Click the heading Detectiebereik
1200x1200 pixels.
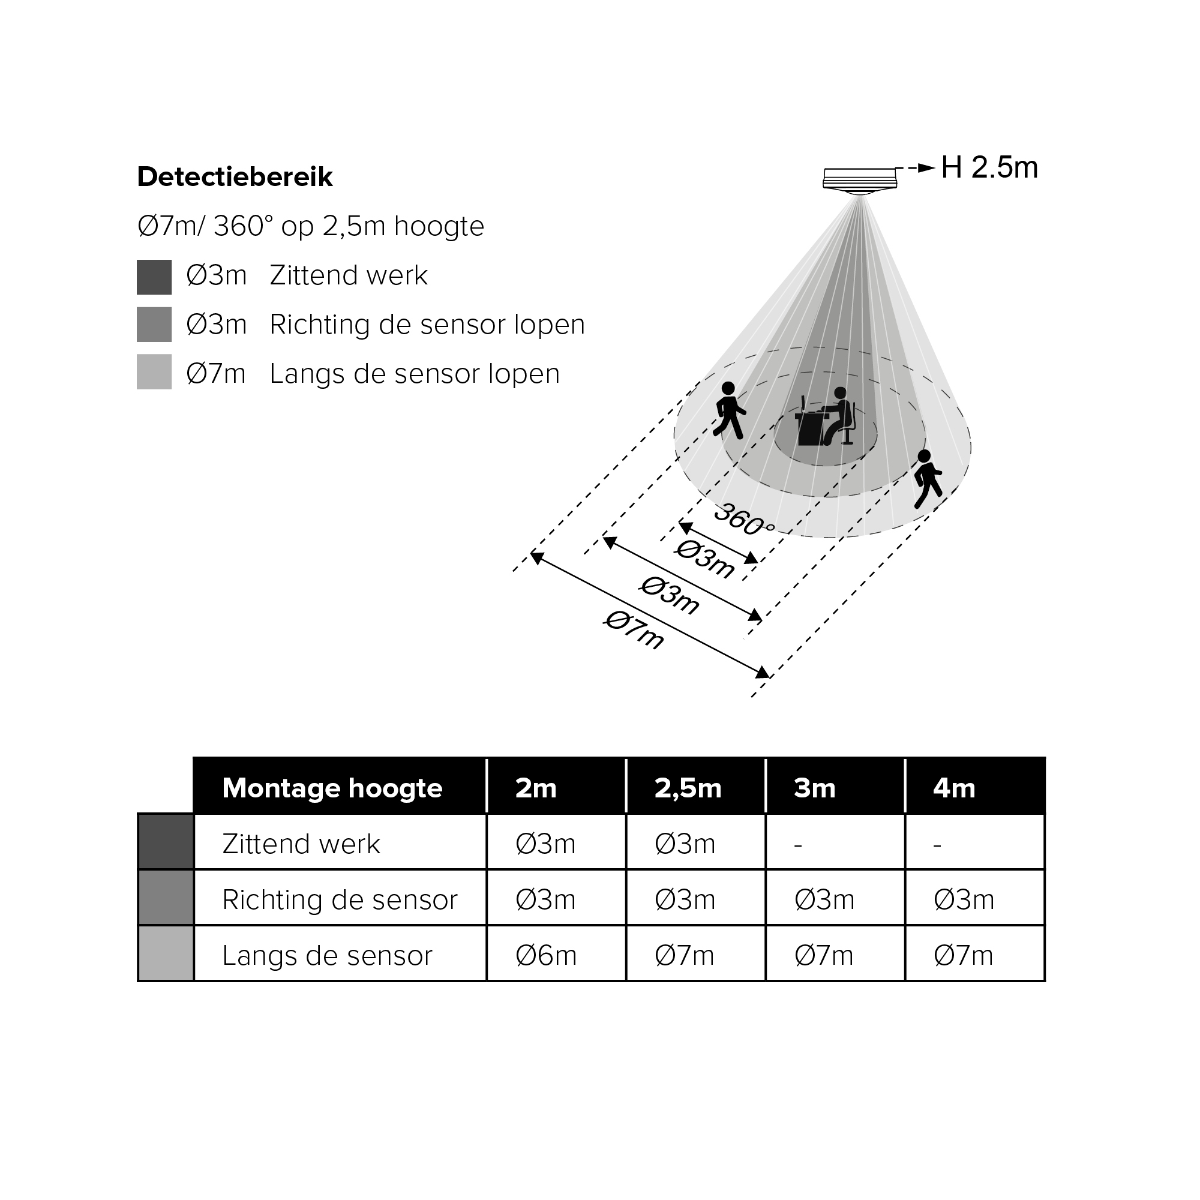coord(235,177)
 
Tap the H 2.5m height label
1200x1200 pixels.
coord(989,168)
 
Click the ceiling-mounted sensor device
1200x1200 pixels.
coord(860,180)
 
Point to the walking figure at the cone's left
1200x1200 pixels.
coord(729,410)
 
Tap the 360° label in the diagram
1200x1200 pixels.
coord(744,520)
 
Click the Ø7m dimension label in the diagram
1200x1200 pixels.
coord(634,631)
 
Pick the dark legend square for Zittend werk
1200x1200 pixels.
coord(154,277)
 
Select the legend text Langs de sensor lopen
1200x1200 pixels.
coord(414,374)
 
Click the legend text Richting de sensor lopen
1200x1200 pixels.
coord(427,325)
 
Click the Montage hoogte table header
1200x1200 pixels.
coord(332,788)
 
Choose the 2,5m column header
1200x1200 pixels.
coord(688,788)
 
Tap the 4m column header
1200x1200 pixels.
coord(954,788)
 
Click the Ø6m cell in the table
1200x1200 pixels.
coord(546,956)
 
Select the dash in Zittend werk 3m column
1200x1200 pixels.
coord(799,845)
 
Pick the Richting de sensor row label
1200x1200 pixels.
coord(340,900)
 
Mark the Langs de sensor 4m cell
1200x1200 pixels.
coord(964,956)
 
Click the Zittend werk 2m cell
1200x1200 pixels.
coord(546,844)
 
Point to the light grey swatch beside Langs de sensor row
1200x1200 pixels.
coord(165,953)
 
